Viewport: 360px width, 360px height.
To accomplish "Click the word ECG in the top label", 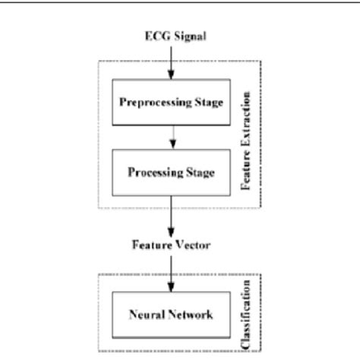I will pyautogui.click(x=154, y=36).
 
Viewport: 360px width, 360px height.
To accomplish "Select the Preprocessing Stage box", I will pyautogui.click(x=170, y=102).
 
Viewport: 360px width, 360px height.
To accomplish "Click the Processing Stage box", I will pyautogui.click(x=170, y=172).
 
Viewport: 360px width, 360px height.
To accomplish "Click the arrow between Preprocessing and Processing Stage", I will pyautogui.click(x=170, y=137).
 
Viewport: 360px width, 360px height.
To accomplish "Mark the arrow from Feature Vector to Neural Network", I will pyautogui.click(x=170, y=269).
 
